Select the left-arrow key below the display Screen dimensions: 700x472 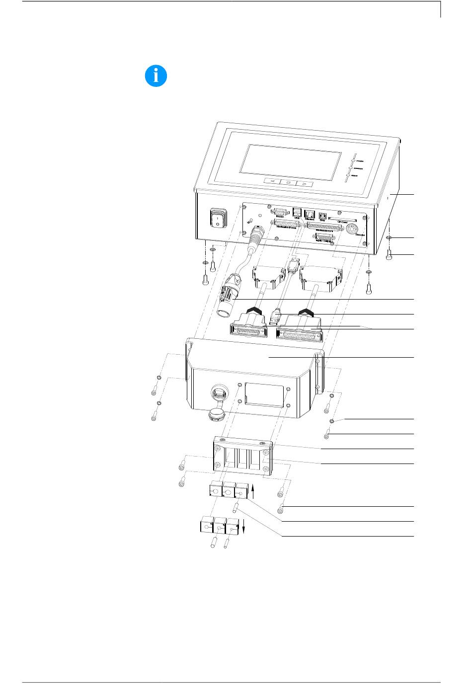coord(272,181)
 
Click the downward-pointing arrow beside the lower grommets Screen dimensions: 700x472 coord(244,527)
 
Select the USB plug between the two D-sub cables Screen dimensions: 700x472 coord(275,316)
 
